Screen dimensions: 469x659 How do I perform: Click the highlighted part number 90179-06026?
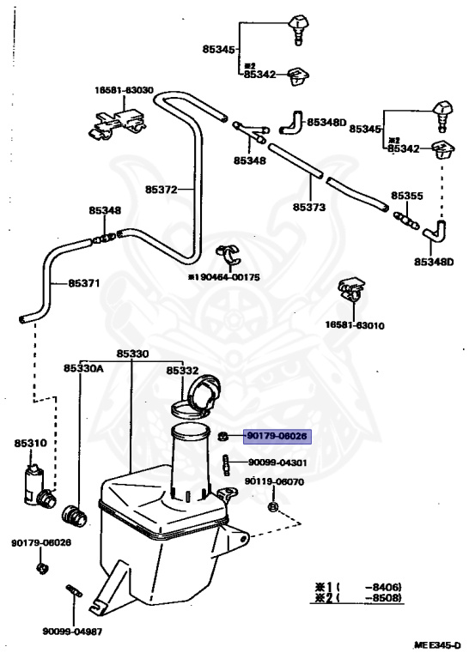[277, 436]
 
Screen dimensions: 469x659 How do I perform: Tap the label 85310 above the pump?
[31, 443]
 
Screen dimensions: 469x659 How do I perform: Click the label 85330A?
[83, 368]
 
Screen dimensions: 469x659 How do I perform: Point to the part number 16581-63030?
[124, 90]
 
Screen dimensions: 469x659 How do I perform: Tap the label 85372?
[161, 190]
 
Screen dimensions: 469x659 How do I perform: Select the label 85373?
[309, 207]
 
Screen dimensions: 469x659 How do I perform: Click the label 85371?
[84, 283]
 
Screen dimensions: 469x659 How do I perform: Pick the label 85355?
[407, 196]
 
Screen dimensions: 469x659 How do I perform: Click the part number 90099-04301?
[277, 463]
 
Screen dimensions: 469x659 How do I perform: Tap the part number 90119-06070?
[274, 481]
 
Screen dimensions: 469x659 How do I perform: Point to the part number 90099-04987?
[72, 632]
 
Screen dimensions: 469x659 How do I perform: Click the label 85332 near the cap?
[182, 371]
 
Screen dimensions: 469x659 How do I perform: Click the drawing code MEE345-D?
[437, 644]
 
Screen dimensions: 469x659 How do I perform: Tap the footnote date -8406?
[383, 587]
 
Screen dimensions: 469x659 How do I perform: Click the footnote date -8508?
[383, 597]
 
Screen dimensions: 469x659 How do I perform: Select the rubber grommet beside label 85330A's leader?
[75, 516]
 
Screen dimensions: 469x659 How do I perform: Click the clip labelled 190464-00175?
[228, 255]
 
